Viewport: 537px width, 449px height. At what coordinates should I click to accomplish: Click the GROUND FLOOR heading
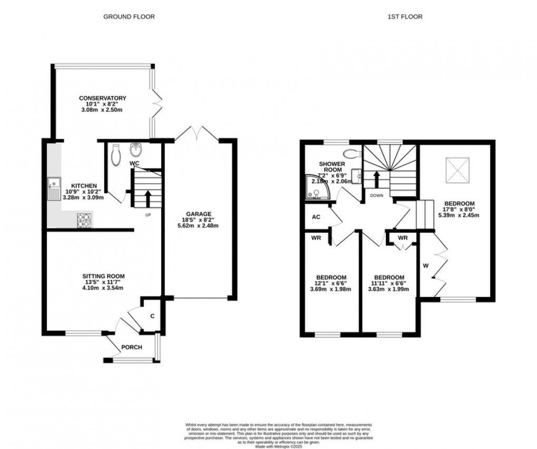tap(129, 17)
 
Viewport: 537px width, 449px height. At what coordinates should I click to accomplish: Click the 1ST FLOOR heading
tap(405, 17)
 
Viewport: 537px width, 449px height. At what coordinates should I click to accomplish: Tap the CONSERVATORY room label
tap(103, 98)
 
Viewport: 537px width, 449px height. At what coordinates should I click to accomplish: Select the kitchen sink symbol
tap(53, 189)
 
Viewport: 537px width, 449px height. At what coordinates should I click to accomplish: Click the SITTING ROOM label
tap(103, 276)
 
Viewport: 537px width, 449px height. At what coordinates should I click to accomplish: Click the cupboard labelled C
tap(152, 316)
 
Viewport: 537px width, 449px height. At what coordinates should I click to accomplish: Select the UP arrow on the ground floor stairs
tap(147, 198)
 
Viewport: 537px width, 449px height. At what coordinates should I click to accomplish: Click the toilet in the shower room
tap(351, 153)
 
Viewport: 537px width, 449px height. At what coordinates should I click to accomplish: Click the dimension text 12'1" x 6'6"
tap(331, 283)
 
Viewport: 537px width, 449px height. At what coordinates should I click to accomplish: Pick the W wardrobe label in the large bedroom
tap(425, 265)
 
